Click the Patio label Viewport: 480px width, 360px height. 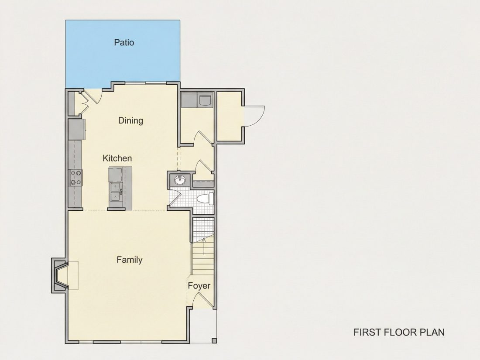point(124,42)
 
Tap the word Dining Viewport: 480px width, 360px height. point(131,120)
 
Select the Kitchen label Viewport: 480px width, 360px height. point(117,158)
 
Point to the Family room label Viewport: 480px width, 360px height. point(130,260)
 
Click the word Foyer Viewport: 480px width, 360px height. point(199,286)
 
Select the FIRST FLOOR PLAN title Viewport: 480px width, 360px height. point(399,332)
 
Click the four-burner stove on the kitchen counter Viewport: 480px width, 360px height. point(76,178)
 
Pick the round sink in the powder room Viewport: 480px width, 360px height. point(180,180)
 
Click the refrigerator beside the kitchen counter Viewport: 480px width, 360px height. point(76,129)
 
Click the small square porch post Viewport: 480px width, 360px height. point(214,340)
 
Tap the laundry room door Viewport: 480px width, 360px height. point(203,137)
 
